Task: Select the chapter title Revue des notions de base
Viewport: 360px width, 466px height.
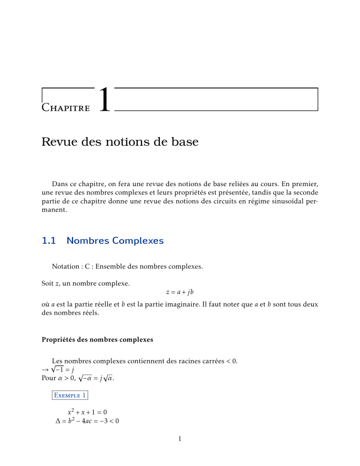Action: [x=120, y=142]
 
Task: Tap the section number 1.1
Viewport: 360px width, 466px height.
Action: [x=49, y=241]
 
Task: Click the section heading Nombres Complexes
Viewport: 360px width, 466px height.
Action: [x=115, y=241]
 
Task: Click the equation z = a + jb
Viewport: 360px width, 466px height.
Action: [x=180, y=292]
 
